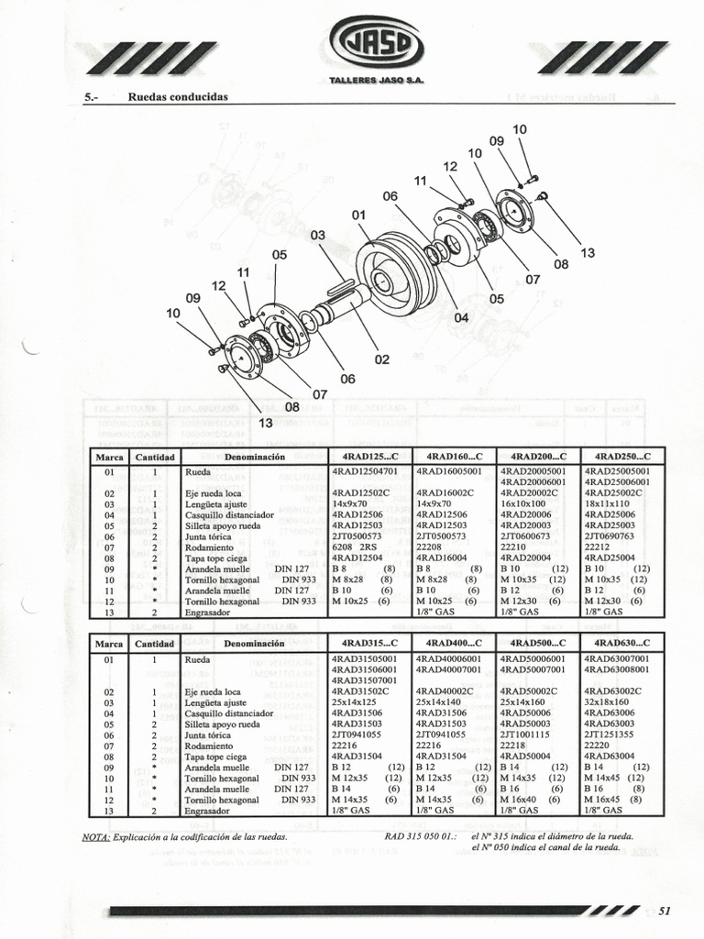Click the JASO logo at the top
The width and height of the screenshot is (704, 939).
[377, 44]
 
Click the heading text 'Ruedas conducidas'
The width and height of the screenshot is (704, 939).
[178, 96]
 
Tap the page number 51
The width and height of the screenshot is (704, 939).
[665, 910]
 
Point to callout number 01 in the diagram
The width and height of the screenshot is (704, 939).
[358, 215]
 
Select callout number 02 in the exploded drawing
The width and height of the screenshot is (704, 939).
[382, 359]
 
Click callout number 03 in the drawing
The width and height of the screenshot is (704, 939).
[318, 236]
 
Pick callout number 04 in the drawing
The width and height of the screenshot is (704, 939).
[461, 317]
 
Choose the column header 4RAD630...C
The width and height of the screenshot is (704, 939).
[622, 644]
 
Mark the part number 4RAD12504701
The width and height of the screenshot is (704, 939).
[364, 471]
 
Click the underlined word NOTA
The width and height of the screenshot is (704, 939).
[96, 836]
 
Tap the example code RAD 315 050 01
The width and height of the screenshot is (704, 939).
[422, 836]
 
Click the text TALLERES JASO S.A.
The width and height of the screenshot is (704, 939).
[376, 82]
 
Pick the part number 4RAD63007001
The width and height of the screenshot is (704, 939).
[616, 658]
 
